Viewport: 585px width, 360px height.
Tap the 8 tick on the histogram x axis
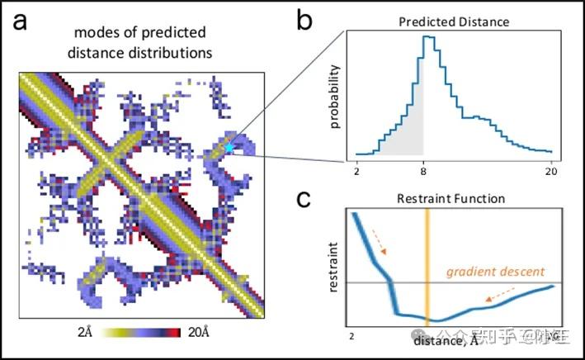tap(423, 171)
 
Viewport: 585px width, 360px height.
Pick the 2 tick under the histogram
tap(356, 171)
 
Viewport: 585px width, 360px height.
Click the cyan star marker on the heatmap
tap(229, 148)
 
